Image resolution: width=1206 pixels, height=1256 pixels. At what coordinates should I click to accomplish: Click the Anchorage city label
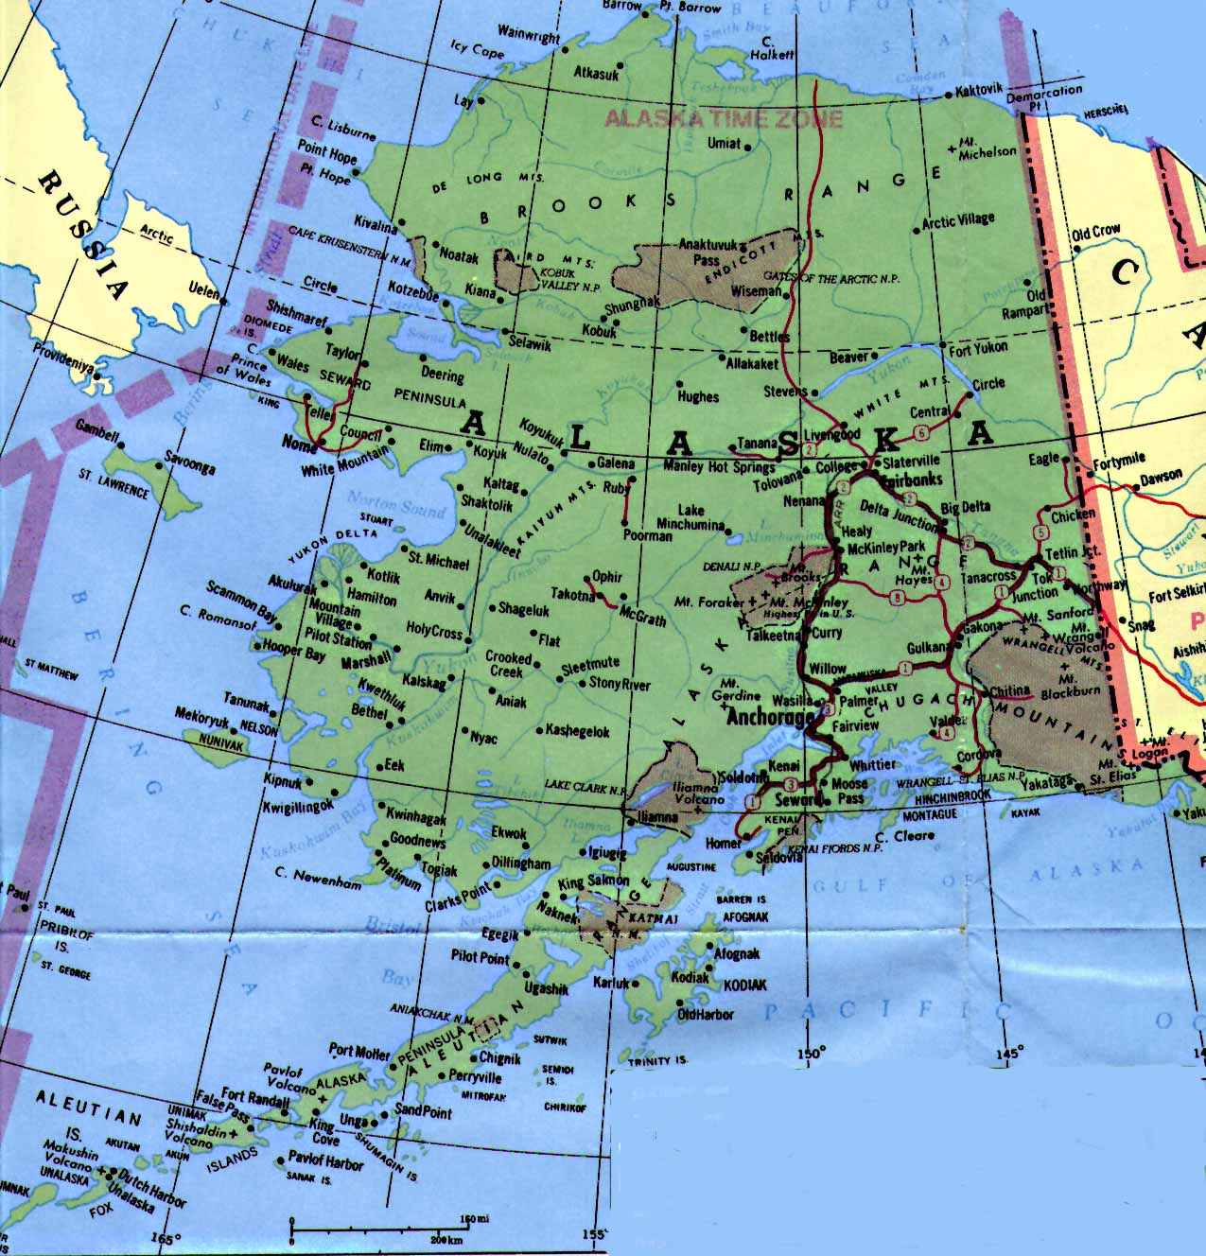769,718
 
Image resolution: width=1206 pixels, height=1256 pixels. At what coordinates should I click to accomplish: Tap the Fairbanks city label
910,480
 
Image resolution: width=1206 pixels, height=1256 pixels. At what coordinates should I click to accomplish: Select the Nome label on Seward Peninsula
300,444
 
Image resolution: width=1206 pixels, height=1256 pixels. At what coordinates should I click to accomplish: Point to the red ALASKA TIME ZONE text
723,119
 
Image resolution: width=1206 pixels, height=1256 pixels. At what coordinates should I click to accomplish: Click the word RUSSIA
83,232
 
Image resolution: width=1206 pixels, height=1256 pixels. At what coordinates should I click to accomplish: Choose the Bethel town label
369,709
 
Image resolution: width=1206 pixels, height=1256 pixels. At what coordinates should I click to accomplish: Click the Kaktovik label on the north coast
978,91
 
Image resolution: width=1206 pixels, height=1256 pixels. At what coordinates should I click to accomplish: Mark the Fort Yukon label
979,347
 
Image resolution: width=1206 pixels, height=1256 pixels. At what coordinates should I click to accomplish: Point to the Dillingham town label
520,863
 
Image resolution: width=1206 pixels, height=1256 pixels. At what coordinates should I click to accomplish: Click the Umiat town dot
747,148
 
